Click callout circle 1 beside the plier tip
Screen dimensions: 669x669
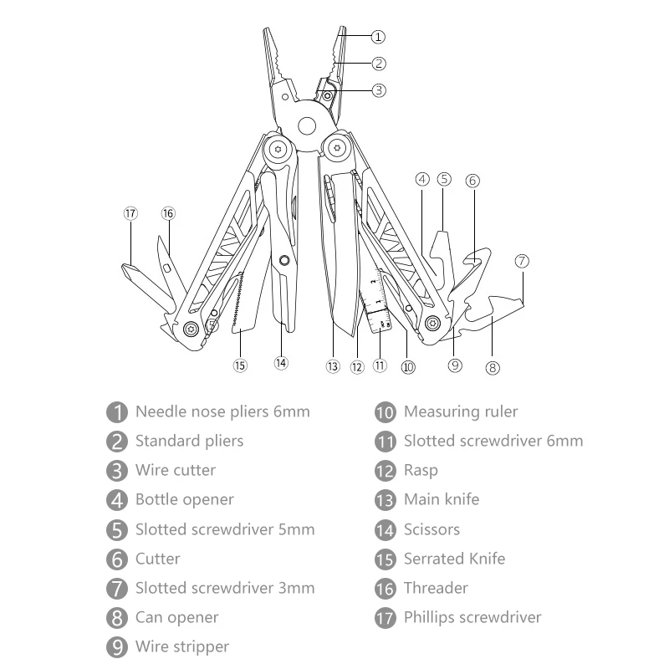[378, 37]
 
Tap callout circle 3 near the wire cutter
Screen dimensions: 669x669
[379, 90]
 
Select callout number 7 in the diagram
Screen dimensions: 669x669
[523, 261]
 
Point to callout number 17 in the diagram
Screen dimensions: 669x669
[130, 213]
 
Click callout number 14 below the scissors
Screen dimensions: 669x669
[281, 363]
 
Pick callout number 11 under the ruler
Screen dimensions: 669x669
[381, 365]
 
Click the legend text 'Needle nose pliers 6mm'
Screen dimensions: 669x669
[222, 411]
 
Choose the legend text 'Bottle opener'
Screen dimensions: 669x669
[184, 500]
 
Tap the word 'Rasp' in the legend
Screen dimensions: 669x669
[421, 471]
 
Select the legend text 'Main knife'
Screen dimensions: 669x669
[442, 500]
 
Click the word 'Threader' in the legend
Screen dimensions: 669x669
[436, 588]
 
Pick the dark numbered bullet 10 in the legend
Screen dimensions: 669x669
[386, 412]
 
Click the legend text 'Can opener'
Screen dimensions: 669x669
[176, 617]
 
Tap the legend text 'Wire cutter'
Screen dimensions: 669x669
[175, 470]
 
